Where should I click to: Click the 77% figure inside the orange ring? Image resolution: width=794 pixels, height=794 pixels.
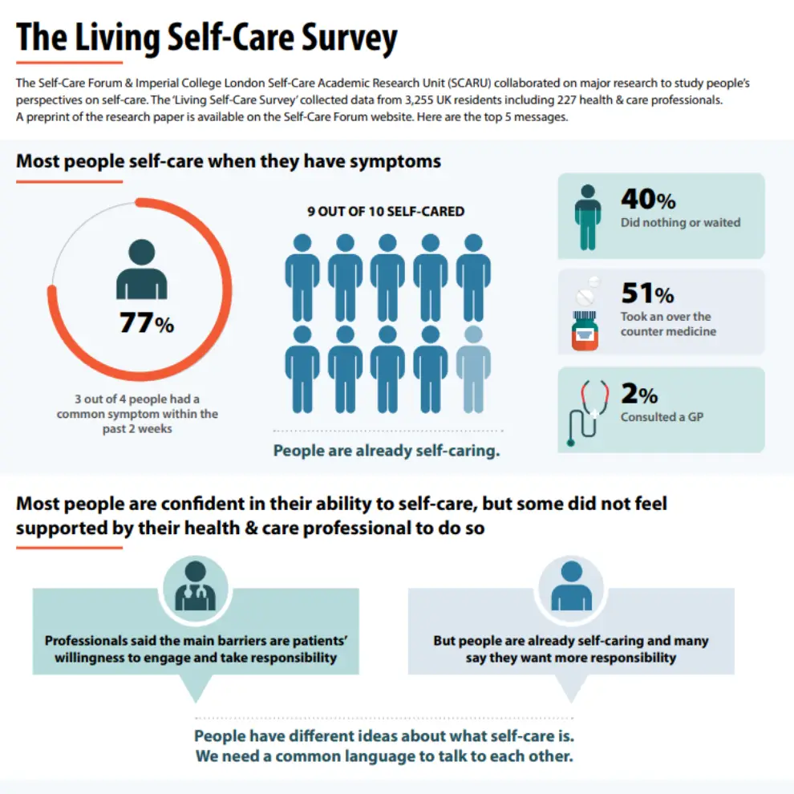146,323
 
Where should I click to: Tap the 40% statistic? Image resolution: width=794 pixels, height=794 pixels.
648,199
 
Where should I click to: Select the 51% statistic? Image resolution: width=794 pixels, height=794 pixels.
647,294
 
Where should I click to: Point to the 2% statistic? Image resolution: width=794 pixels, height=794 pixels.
639,394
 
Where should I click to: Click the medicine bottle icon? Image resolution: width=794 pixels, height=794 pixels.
585,323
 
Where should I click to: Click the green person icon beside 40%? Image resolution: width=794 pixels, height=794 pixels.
588,217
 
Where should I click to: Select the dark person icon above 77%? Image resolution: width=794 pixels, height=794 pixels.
142,269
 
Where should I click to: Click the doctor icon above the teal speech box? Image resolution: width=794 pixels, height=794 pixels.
195,586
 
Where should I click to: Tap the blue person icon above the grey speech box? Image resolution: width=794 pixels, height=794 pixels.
571,586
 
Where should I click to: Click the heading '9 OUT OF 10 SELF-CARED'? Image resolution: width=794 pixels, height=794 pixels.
386,213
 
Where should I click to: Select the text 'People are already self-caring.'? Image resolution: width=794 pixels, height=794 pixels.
387,451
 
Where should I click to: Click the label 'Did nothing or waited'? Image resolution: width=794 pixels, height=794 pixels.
680,223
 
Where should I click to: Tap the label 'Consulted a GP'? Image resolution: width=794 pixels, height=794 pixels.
662,417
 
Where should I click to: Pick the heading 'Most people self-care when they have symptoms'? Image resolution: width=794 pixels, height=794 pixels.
229,161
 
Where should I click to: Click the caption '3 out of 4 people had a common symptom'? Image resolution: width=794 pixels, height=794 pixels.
137,407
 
